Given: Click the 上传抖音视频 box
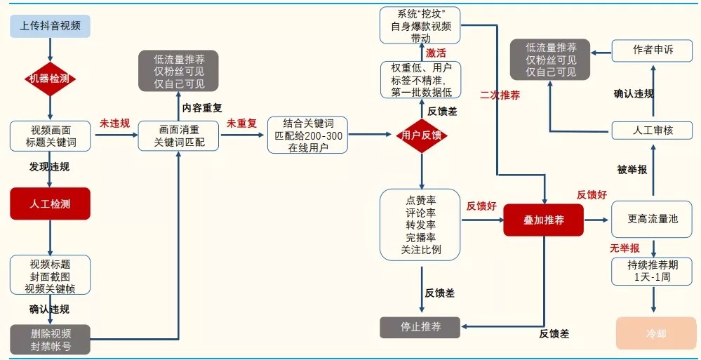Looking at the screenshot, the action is [50, 26].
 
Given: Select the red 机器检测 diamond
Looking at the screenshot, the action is [50, 79].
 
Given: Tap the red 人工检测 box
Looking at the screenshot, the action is [50, 204].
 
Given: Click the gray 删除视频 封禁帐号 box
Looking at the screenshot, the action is [50, 340].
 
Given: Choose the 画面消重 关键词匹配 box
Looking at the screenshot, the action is [178, 136].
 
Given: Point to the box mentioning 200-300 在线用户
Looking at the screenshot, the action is [307, 135].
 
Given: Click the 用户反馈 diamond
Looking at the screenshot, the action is [422, 135].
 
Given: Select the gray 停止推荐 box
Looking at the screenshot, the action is [420, 327].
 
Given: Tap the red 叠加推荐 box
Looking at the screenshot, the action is [543, 220].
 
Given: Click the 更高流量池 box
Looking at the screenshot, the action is [653, 219].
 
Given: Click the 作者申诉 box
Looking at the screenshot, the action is [653, 50].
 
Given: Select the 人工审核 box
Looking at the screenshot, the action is [653, 131].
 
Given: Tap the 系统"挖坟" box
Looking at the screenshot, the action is [420, 25].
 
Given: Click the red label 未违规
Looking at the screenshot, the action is [114, 124].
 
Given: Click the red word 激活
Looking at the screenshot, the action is [436, 53].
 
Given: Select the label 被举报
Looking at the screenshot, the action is [632, 170].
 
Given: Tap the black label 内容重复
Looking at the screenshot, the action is [202, 108].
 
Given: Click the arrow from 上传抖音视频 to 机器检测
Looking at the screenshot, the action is [50, 50].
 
